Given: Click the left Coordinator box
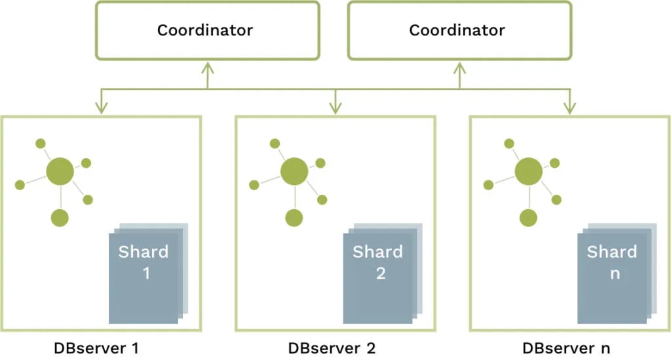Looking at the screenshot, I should coord(207,30).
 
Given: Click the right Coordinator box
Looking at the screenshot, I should coord(459,30).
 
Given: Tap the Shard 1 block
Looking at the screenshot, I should coord(144,275).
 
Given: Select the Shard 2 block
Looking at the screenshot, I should coord(377,275).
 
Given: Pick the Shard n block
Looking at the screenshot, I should coord(611,275).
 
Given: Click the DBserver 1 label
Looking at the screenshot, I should coord(96,347).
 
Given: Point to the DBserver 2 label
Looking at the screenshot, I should coord(332,347).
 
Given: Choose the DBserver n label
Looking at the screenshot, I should coord(566,347).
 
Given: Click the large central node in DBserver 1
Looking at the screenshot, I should coord(60,172).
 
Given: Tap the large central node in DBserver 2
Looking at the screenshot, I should coord(294,172).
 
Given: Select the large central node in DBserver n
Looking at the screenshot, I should coord(528,172).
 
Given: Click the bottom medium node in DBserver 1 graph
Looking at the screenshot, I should coord(60,218).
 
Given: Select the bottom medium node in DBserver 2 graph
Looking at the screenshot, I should coord(294,218).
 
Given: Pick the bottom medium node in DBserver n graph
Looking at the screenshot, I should coord(528,218).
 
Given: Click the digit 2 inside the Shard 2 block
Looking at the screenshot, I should coord(381,273).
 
